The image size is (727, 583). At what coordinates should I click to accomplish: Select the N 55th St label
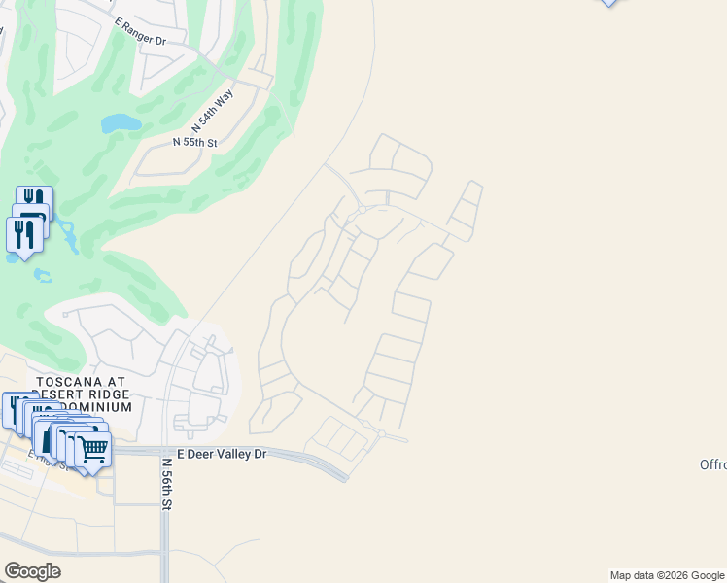tap(194, 143)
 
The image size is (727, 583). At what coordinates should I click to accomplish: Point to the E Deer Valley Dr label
tap(221, 454)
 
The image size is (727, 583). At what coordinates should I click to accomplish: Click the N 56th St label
tap(167, 485)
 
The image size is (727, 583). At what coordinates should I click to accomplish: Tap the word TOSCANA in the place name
tap(69, 383)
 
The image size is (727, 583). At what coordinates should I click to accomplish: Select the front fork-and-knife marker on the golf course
tap(23, 233)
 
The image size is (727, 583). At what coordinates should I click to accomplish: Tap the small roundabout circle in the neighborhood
tap(362, 209)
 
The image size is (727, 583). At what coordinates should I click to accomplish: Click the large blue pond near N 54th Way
tap(121, 123)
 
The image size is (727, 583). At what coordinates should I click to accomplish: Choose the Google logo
tap(32, 571)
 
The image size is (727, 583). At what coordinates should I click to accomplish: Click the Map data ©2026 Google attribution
tap(667, 575)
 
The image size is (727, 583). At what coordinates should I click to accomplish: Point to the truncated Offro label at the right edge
tap(712, 464)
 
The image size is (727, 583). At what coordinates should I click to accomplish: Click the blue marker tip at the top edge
tap(608, 2)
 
